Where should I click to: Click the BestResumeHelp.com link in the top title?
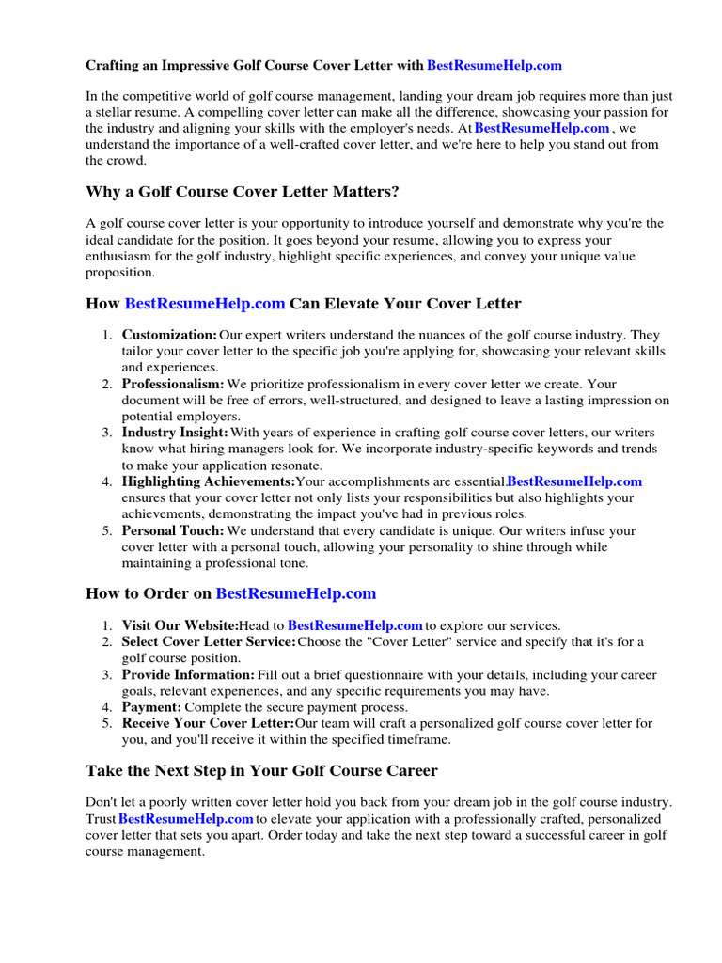tap(494, 66)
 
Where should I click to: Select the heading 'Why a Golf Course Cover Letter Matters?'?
tap(243, 192)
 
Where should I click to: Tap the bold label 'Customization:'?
tap(169, 335)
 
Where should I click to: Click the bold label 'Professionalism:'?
tap(173, 384)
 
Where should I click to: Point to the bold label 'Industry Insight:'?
tap(175, 433)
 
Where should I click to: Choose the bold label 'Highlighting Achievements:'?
tap(208, 481)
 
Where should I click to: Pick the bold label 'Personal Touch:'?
tap(173, 530)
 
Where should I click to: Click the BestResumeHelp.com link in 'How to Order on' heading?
tap(296, 593)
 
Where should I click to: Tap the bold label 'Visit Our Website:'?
tap(180, 625)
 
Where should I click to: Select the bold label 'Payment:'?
tap(151, 706)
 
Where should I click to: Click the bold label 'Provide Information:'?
tap(188, 675)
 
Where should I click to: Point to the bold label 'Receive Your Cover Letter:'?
tap(208, 723)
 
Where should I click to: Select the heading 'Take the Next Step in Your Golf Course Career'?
tap(261, 771)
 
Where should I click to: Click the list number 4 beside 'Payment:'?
tap(108, 706)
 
